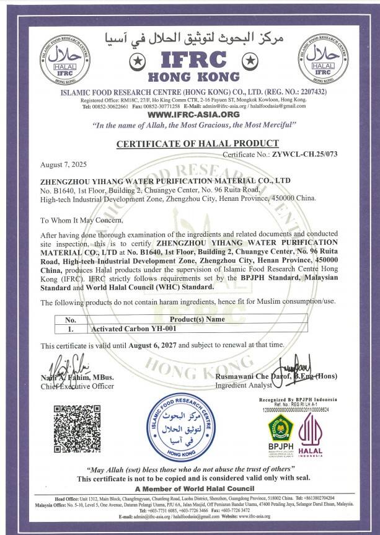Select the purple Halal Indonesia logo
point(311,434)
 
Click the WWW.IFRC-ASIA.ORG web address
point(190,115)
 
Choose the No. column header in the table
point(71,320)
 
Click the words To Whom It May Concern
point(82,220)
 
